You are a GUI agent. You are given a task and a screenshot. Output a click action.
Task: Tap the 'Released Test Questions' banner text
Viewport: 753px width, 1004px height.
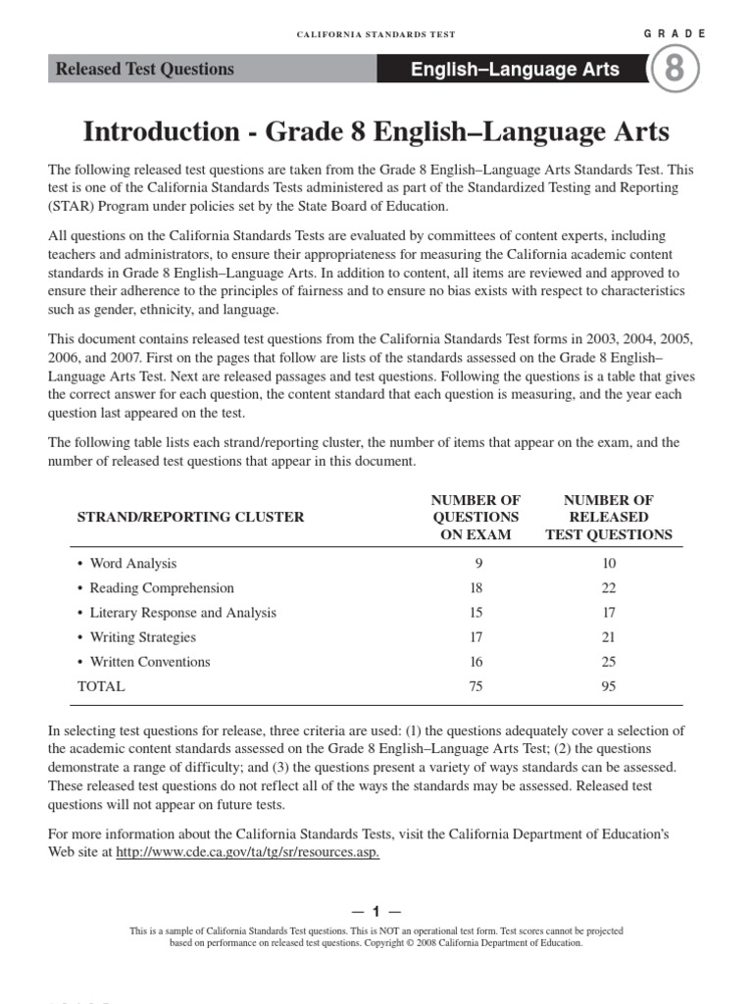(x=145, y=70)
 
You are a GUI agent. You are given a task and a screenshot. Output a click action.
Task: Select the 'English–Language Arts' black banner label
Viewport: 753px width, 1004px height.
(x=515, y=70)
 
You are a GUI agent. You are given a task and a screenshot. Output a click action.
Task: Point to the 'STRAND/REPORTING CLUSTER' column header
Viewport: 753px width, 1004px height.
(x=190, y=517)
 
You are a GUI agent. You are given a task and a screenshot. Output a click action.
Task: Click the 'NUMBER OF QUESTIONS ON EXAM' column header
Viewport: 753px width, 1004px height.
(x=477, y=517)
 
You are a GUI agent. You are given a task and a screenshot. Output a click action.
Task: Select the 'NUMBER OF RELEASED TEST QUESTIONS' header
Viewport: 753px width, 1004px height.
(x=609, y=517)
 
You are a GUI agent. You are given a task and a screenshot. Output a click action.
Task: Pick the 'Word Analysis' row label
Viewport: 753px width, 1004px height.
(x=133, y=564)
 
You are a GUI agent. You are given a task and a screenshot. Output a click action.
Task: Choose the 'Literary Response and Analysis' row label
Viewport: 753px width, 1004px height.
(x=182, y=613)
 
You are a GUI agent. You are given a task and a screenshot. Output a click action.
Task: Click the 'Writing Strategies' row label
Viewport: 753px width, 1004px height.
(x=143, y=637)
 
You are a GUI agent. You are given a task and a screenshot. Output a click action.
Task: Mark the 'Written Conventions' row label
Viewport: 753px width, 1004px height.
(x=150, y=662)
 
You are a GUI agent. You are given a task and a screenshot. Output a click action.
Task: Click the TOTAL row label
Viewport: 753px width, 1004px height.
(x=101, y=686)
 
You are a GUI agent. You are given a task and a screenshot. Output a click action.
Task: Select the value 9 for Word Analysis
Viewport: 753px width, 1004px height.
(x=477, y=564)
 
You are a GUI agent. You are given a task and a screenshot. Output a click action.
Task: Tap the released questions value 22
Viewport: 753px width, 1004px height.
(x=609, y=588)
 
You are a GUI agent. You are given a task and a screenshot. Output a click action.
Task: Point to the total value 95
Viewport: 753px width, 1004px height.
(x=609, y=686)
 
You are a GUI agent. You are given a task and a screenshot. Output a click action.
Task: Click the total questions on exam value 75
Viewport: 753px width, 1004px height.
(x=477, y=686)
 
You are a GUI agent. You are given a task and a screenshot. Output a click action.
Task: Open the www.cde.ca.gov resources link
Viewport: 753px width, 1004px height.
(x=247, y=852)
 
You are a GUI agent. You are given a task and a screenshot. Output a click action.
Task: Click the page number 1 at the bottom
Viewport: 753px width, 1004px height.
(x=376, y=911)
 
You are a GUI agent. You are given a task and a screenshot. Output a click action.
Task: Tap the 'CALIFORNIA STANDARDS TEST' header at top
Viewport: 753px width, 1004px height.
(x=376, y=34)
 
